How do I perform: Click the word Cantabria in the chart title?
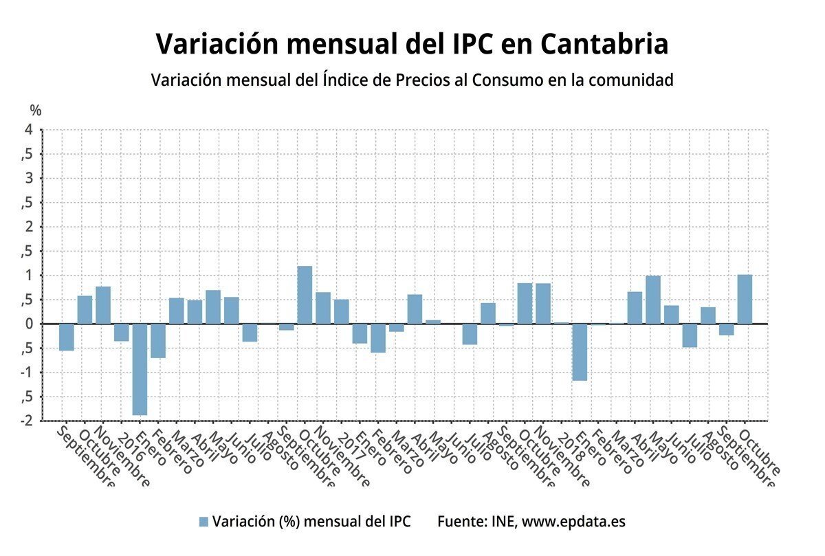[604, 44]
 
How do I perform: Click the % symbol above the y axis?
[36, 110]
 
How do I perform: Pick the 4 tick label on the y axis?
[29, 130]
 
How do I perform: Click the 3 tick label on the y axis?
[29, 179]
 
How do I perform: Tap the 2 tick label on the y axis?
[29, 227]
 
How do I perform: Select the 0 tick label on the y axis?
[29, 324]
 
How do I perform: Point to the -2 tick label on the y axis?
[26, 421]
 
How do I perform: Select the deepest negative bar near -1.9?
[140, 369]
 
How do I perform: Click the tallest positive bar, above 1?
[305, 295]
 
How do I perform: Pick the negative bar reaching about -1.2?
[580, 352]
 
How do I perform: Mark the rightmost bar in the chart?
[745, 300]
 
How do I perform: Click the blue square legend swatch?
[203, 522]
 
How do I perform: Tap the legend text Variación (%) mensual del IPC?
[311, 522]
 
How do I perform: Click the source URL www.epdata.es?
[573, 522]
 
